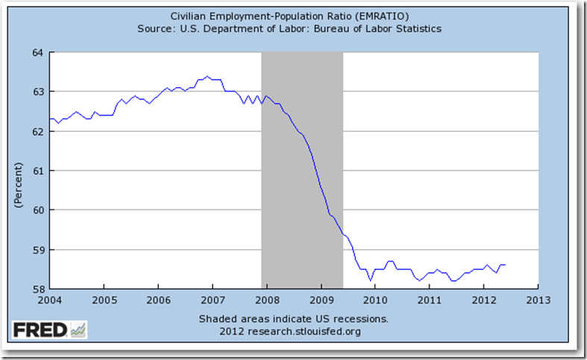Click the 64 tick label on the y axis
[x=39, y=52]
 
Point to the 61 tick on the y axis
[x=39, y=171]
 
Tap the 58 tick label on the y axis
[x=39, y=289]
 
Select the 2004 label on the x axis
[x=49, y=301]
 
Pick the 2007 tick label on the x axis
[x=212, y=301]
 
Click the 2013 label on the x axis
[x=537, y=301]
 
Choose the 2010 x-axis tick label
[x=374, y=301]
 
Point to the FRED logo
[x=49, y=329]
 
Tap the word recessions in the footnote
[x=358, y=319]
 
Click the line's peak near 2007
[x=207, y=76]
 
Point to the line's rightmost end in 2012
[x=505, y=265]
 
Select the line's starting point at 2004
[x=50, y=119]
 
